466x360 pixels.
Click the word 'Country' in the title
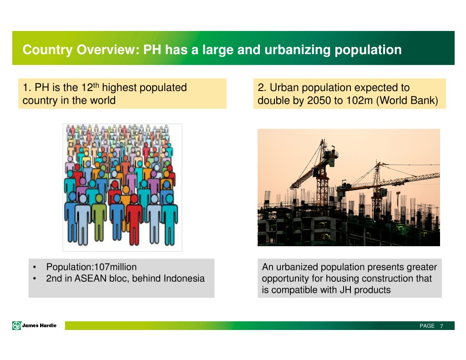(47, 50)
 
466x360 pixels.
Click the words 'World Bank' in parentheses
(407, 101)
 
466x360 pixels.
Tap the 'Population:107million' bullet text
(91, 267)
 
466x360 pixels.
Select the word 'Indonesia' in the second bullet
(184, 278)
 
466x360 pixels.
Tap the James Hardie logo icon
(17, 325)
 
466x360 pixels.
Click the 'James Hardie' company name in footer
(39, 325)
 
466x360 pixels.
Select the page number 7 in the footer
(441, 326)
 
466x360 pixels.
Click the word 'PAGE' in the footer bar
(427, 326)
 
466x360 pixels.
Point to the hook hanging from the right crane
(398, 194)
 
